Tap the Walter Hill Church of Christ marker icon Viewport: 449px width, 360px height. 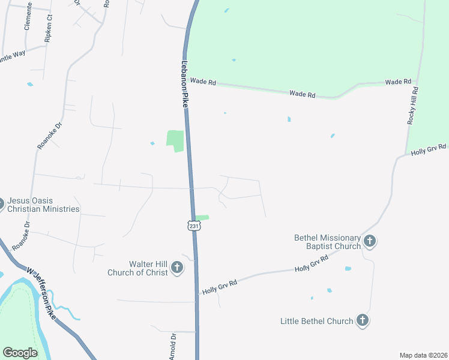(x=177, y=268)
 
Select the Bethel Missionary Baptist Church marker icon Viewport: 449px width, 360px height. (x=370, y=242)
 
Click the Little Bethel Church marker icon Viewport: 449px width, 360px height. (x=362, y=320)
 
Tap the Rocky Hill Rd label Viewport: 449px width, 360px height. (x=412, y=105)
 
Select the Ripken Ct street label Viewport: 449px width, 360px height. (x=49, y=29)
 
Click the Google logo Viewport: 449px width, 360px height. (x=20, y=353)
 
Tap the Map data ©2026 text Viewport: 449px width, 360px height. (x=423, y=355)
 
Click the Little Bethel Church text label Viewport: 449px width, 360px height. (x=316, y=321)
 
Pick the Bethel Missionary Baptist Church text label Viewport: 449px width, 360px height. (x=327, y=242)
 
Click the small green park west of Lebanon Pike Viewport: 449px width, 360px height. (x=175, y=140)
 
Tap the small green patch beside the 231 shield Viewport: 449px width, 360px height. (x=202, y=217)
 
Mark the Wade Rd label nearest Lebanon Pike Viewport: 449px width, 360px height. (x=203, y=82)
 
